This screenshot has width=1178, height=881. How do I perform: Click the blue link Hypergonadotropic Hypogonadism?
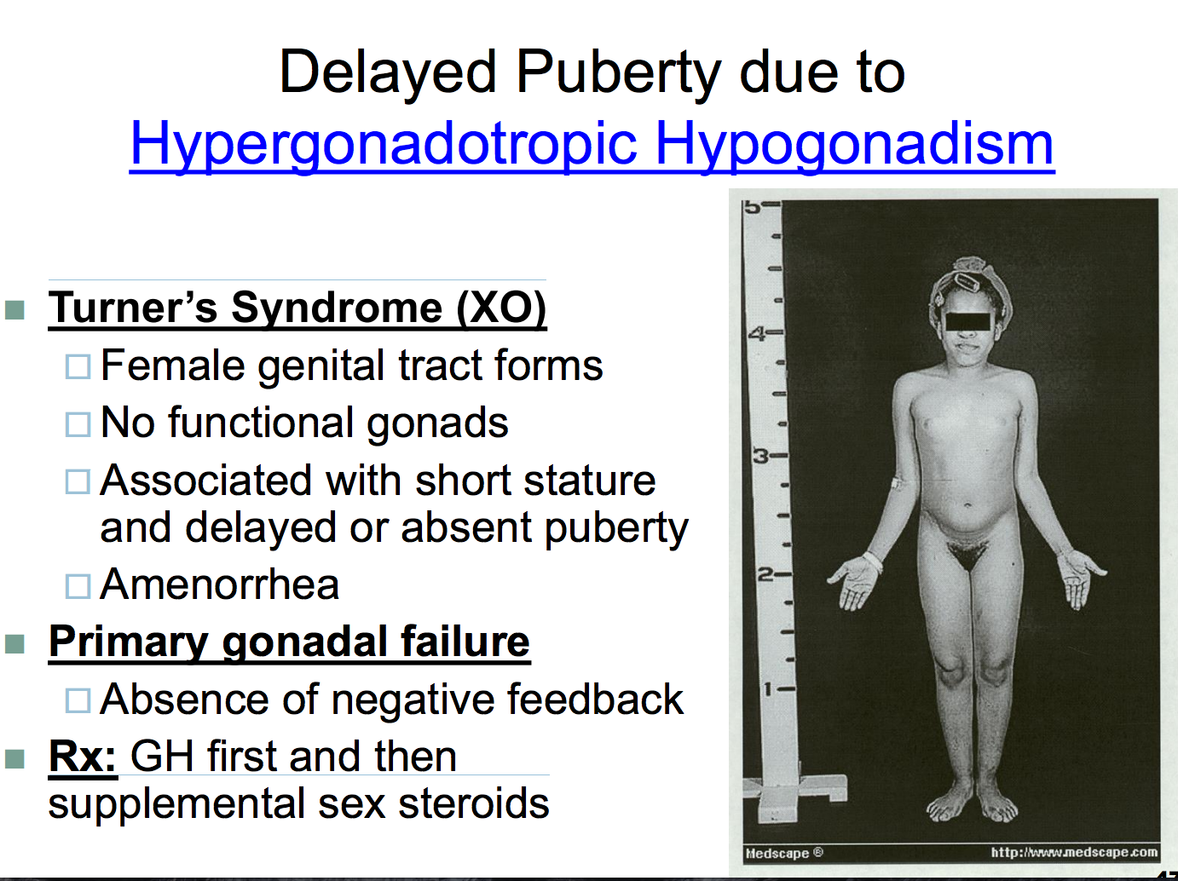pyautogui.click(x=592, y=144)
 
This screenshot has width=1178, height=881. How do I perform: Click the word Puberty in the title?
pyautogui.click(x=618, y=73)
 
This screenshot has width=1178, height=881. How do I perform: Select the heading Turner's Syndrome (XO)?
pyautogui.click(x=297, y=308)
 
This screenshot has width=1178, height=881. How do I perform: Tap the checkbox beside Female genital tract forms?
pyautogui.click(x=78, y=366)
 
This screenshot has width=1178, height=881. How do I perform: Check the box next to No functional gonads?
pyautogui.click(x=78, y=424)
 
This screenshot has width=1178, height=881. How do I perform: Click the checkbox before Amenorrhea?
pyautogui.click(x=78, y=586)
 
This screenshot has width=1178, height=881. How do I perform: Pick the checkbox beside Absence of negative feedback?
pyautogui.click(x=78, y=700)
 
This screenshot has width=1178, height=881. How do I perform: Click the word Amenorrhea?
pyautogui.click(x=220, y=584)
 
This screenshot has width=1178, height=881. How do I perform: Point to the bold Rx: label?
pyautogui.click(x=82, y=757)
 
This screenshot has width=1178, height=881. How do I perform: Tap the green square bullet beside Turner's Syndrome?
pyautogui.click(x=14, y=309)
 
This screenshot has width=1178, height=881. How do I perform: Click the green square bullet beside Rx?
pyautogui.click(x=14, y=759)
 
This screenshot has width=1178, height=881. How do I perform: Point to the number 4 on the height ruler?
pyautogui.click(x=757, y=334)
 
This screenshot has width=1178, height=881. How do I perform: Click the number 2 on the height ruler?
pyautogui.click(x=765, y=575)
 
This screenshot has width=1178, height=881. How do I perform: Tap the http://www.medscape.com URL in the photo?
pyautogui.click(x=1074, y=852)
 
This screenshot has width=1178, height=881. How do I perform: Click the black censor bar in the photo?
pyautogui.click(x=967, y=321)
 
